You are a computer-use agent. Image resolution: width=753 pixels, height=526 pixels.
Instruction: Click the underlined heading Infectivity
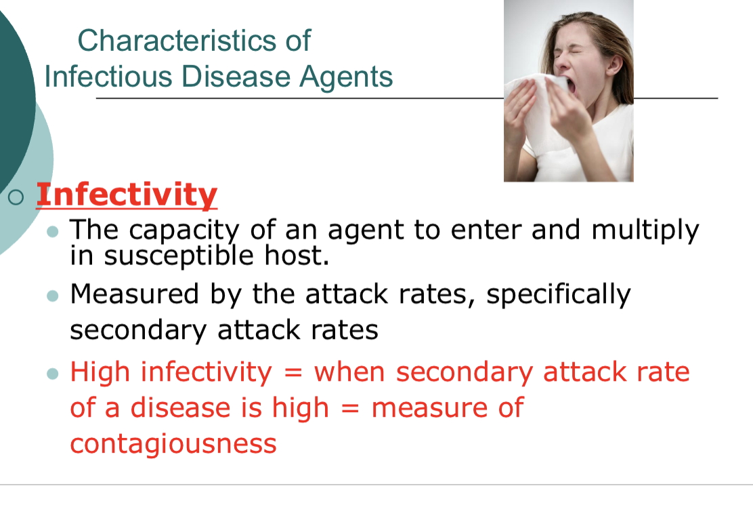coord(127,195)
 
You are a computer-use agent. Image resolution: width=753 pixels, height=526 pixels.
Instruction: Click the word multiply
coord(645,231)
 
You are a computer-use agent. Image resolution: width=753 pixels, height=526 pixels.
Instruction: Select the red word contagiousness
coord(173,444)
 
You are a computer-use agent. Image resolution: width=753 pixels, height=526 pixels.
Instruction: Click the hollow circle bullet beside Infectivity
coord(17,197)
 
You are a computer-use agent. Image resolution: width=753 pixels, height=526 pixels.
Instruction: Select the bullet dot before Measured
coord(53,296)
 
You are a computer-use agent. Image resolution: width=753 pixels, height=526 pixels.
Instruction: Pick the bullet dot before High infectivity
coord(53,373)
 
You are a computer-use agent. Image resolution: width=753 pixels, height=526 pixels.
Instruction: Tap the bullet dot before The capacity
coord(53,232)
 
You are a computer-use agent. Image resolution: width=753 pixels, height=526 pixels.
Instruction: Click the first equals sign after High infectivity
coord(293,373)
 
